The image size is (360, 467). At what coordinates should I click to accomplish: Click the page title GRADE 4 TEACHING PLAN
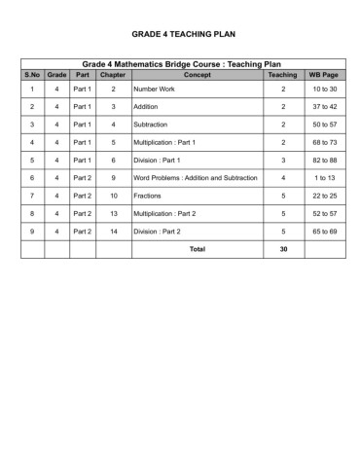click(x=180, y=32)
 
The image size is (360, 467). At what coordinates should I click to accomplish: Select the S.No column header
click(x=32, y=75)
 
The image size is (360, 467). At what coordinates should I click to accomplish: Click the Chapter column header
click(x=113, y=75)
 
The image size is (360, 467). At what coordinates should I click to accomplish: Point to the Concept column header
click(x=197, y=75)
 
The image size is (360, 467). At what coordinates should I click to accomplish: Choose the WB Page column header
click(x=323, y=75)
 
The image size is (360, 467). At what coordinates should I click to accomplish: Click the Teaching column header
click(x=282, y=75)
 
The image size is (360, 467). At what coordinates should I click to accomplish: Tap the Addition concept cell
click(x=147, y=107)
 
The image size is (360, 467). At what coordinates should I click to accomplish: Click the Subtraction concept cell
click(x=151, y=125)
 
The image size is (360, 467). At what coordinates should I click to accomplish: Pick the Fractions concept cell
click(x=149, y=196)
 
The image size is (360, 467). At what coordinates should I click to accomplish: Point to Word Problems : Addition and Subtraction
click(x=195, y=178)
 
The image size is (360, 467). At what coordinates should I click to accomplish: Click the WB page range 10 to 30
click(x=324, y=90)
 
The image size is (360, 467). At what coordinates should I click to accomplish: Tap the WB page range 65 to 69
click(x=324, y=232)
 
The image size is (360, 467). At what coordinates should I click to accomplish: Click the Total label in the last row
click(x=197, y=249)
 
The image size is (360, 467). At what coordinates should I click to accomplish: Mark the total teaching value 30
click(x=283, y=249)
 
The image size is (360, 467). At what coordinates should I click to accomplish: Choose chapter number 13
click(x=113, y=213)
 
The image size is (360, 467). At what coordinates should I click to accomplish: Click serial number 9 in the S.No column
click(x=32, y=232)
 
